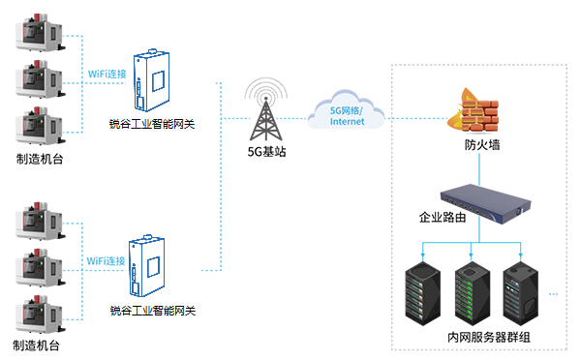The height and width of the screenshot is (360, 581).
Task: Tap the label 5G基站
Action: tap(266, 153)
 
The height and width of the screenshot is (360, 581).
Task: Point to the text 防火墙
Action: tap(481, 145)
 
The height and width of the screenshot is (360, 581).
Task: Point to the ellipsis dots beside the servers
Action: tap(556, 291)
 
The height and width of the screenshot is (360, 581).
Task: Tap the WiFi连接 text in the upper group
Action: tap(106, 75)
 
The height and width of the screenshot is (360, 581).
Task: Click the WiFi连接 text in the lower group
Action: tap(106, 261)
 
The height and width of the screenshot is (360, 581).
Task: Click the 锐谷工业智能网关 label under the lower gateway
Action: tap(153, 312)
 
